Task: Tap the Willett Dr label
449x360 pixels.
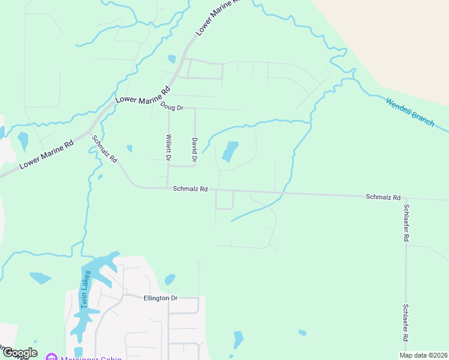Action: pyautogui.click(x=168, y=148)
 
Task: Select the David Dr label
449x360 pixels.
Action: pyautogui.click(x=194, y=150)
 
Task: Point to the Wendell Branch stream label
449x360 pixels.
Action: pyautogui.click(x=410, y=112)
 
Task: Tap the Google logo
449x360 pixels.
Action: pyautogui.click(x=19, y=353)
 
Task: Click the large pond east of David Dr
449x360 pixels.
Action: pyautogui.click(x=230, y=151)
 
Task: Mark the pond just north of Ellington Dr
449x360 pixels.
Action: pyautogui.click(x=170, y=279)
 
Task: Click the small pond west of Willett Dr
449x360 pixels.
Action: pyautogui.click(x=129, y=148)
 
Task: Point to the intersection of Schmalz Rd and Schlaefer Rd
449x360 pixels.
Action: pyautogui.click(x=406, y=197)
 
